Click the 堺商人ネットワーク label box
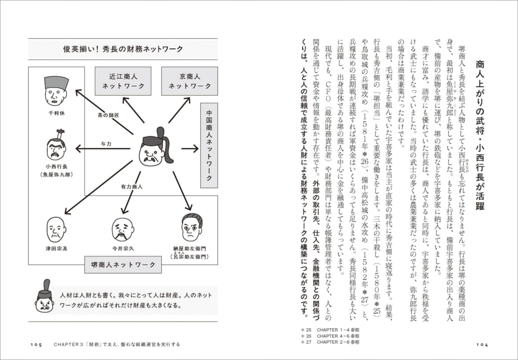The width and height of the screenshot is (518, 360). pos(120,264)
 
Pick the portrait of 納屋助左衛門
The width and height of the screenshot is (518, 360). pos(191,228)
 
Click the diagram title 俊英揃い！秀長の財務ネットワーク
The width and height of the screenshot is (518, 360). pos(123,49)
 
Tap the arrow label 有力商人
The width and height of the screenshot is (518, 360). pos(131,187)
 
